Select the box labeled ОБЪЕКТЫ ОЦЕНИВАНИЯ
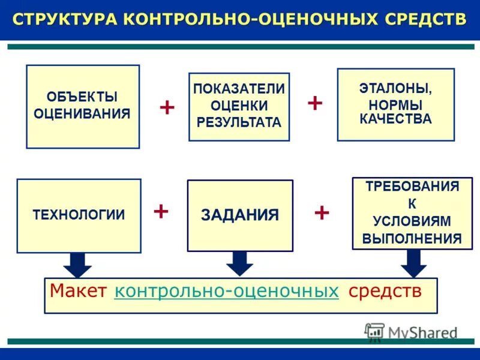click(x=83, y=106)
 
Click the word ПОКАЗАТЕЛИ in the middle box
click(x=239, y=89)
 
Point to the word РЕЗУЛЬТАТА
click(x=239, y=122)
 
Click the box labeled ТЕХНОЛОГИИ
click(x=79, y=215)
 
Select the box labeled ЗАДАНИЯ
click(x=240, y=215)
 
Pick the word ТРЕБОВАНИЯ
click(x=412, y=186)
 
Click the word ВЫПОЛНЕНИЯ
click(x=412, y=238)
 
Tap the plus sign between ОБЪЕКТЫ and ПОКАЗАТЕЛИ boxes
click(x=167, y=108)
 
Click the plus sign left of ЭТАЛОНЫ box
click(x=315, y=102)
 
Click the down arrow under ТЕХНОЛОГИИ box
click(x=77, y=264)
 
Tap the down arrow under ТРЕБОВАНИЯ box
click(x=413, y=262)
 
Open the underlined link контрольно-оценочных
click(x=226, y=292)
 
